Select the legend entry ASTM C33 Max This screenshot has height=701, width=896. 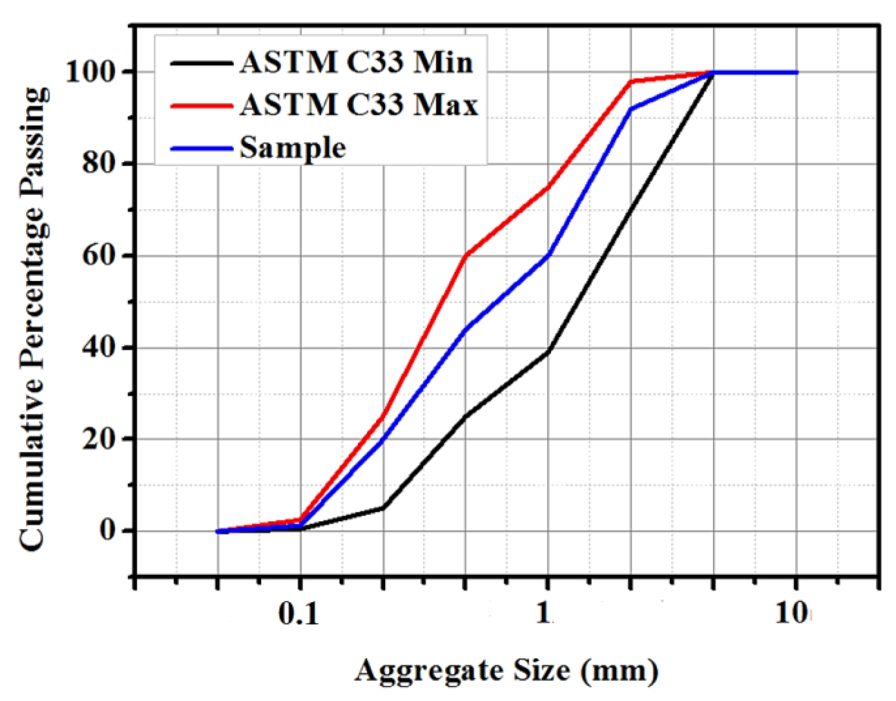tap(358, 105)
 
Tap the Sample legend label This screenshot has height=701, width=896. tap(293, 148)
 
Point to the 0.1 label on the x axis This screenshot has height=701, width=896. tap(298, 614)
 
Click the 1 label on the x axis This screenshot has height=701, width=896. tap(543, 614)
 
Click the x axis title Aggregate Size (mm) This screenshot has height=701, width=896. tap(506, 670)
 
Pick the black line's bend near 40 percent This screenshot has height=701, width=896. tap(548, 351)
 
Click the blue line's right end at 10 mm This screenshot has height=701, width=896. tap(796, 72)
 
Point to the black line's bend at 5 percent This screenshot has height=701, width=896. tap(383, 507)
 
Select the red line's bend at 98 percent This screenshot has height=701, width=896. tap(631, 81)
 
